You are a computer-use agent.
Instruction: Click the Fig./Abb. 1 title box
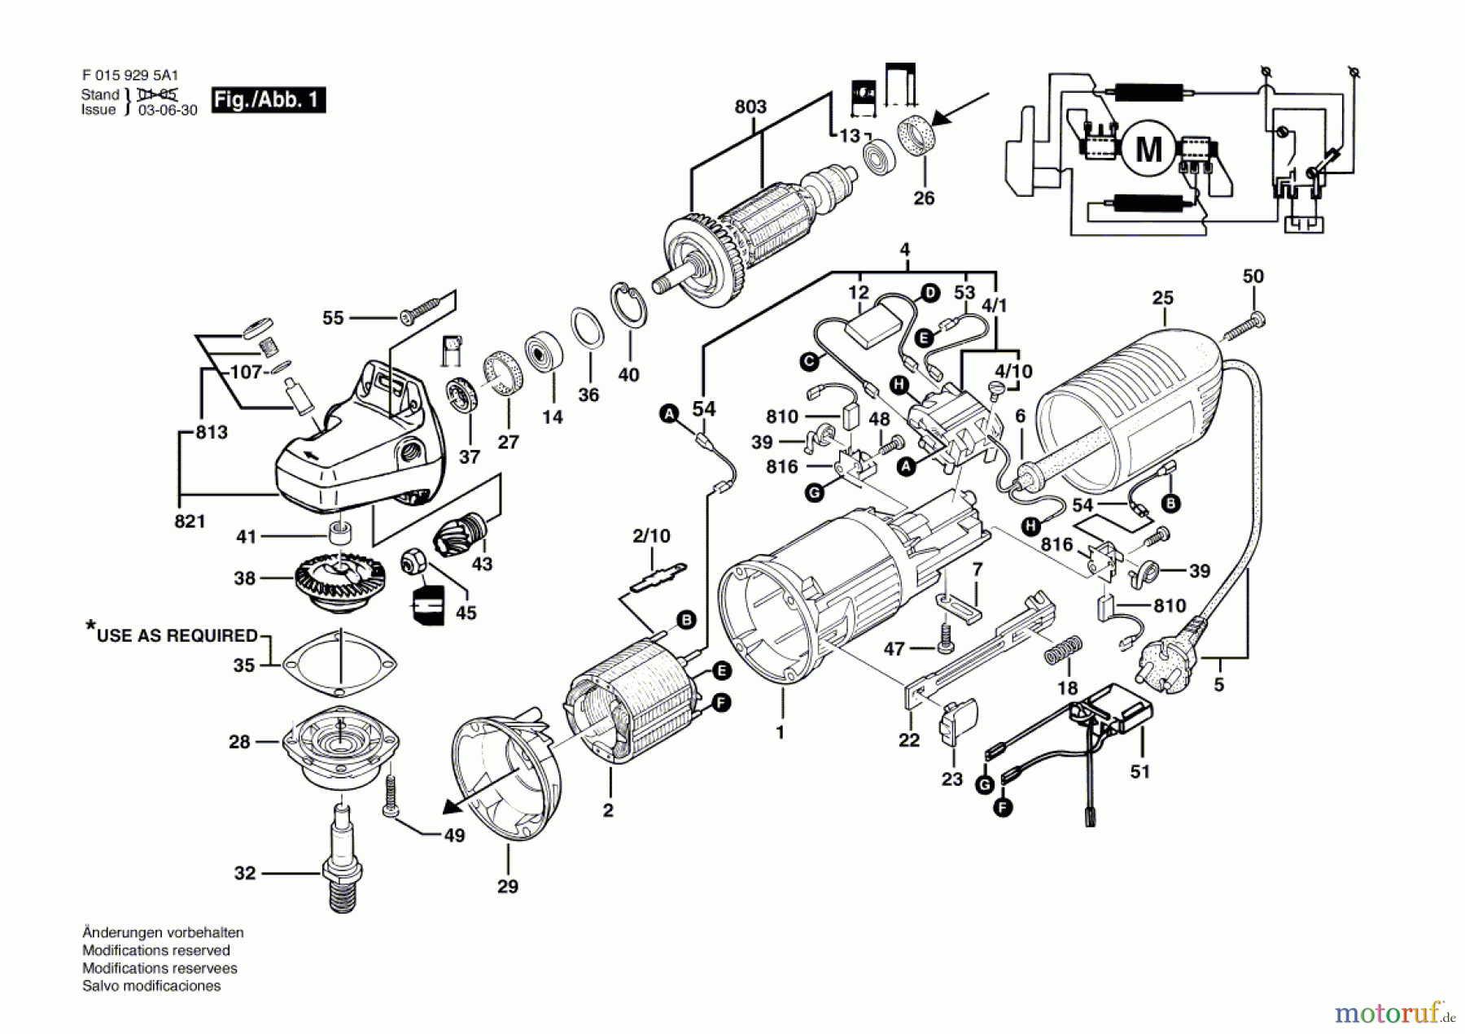point(268,100)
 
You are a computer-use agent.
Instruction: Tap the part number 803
point(750,107)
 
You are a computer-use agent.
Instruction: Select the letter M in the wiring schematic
point(1148,150)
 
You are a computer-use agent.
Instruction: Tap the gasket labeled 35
point(339,664)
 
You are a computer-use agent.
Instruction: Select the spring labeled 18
point(1063,652)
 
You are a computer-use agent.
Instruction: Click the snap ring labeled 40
point(629,305)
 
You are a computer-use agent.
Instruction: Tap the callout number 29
point(508,886)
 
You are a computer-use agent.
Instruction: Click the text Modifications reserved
point(156,950)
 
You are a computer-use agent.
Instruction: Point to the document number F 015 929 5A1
point(130,76)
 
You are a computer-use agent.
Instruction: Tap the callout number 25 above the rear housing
point(1163,298)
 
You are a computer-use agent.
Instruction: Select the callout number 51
point(1140,771)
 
